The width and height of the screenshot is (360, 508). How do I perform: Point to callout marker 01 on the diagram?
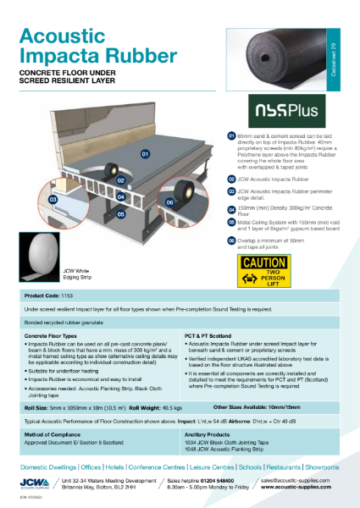[x=144, y=155]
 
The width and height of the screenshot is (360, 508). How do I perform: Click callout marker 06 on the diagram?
[x=169, y=203]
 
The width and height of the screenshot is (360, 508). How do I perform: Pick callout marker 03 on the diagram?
[x=53, y=199]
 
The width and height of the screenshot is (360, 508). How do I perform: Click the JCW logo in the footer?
[x=36, y=483]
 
